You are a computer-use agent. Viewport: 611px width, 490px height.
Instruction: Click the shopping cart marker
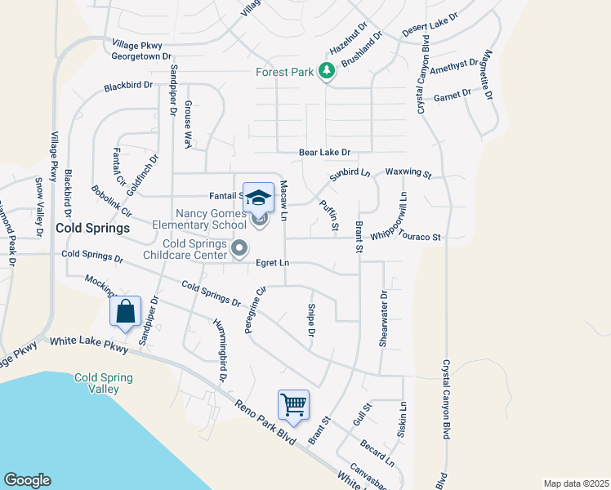pyautogui.click(x=294, y=404)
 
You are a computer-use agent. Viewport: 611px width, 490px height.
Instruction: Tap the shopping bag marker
pyautogui.click(x=126, y=312)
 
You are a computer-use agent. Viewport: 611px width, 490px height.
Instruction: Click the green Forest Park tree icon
pyautogui.click(x=327, y=72)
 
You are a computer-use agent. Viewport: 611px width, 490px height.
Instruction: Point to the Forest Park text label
pyautogui.click(x=284, y=72)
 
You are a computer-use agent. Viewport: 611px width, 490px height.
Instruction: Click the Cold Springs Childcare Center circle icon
pyautogui.click(x=239, y=247)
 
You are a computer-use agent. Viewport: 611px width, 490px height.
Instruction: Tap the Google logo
pyautogui.click(x=27, y=480)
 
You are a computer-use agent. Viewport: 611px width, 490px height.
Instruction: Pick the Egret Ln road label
pyautogui.click(x=273, y=263)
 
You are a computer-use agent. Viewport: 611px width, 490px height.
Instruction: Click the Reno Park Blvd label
pyautogui.click(x=264, y=418)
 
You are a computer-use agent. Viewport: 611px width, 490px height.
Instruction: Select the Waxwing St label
pyautogui.click(x=408, y=174)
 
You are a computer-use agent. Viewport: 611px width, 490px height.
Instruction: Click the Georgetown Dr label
pyautogui.click(x=142, y=57)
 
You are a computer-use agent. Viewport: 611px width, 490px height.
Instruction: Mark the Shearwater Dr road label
pyautogui.click(x=382, y=319)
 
